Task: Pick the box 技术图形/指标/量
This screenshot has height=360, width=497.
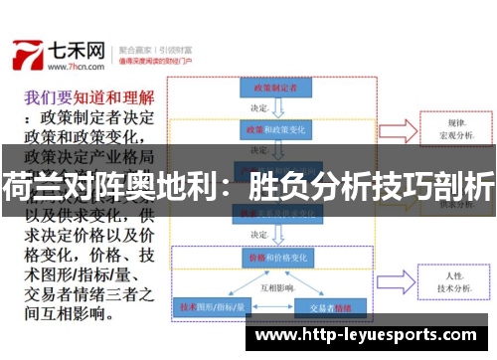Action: pyautogui.click(x=211, y=308)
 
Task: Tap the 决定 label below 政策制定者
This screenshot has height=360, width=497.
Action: pyautogui.click(x=259, y=108)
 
